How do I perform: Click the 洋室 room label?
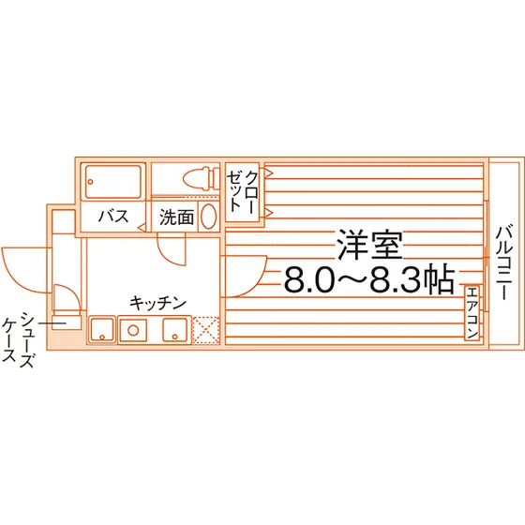(370, 245)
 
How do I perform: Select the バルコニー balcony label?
(503, 262)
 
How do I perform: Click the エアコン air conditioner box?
(472, 313)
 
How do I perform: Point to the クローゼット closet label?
(243, 191)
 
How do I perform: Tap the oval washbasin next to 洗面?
(208, 217)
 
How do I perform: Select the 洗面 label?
(176, 217)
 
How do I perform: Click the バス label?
(113, 216)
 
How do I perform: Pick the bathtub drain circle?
(90, 182)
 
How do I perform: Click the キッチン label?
(157, 303)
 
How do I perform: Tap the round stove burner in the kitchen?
(133, 330)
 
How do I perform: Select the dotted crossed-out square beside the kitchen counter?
(205, 330)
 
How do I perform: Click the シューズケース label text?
(18, 339)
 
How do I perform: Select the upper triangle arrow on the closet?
(268, 173)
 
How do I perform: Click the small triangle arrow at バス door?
(142, 228)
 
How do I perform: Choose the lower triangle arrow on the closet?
(268, 212)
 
